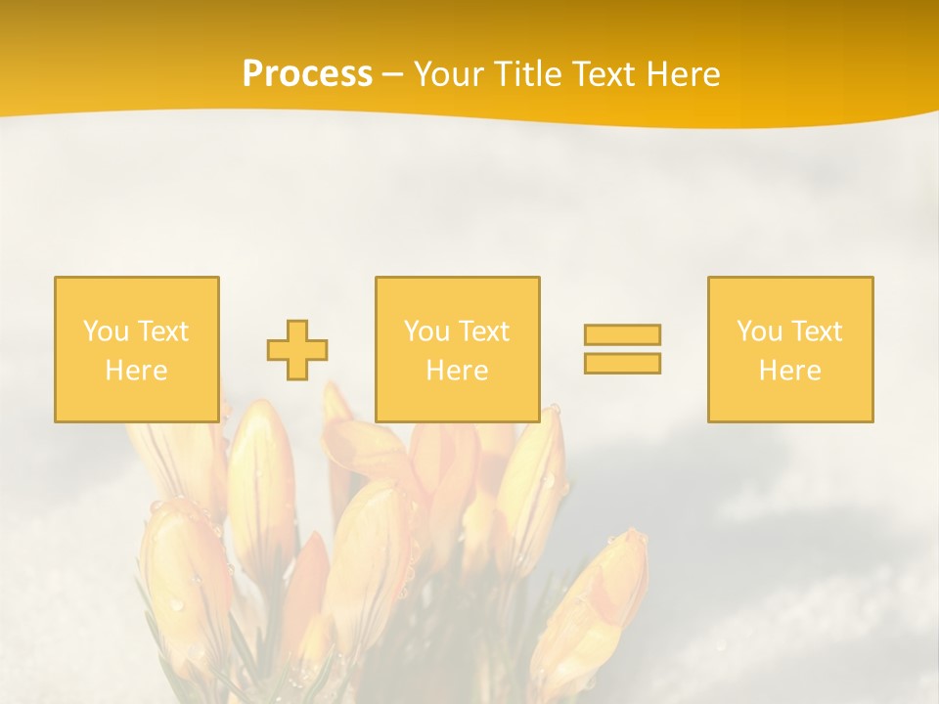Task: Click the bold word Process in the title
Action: pos(307,74)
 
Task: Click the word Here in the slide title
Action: pos(686,74)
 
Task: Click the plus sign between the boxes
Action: pos(297,349)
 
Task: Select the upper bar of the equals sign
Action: pos(622,334)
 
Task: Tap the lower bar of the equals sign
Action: pos(622,363)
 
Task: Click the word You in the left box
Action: pos(105,331)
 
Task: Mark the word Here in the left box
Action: pos(136,371)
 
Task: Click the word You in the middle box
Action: pos(426,331)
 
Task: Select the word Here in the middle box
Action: pos(457,371)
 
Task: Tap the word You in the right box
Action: pos(759,331)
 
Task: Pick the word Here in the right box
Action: pos(789,371)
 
